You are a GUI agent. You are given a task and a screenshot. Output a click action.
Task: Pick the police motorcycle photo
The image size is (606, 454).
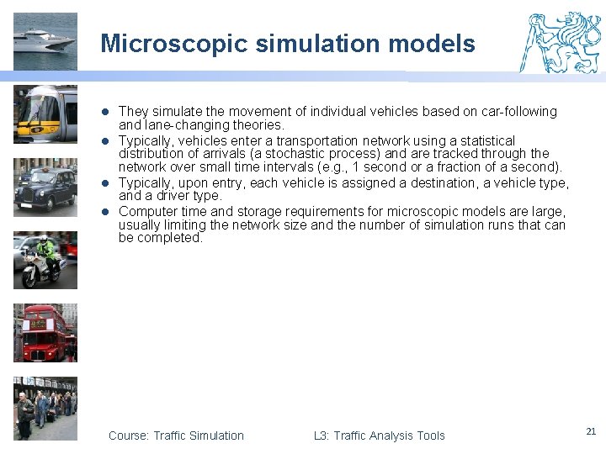(45, 261)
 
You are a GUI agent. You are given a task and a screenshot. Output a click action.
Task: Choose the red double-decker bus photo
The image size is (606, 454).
(45, 333)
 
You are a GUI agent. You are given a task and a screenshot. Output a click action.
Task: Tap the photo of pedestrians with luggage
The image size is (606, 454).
(45, 409)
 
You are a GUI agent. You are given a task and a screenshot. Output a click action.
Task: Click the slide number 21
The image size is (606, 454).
(590, 431)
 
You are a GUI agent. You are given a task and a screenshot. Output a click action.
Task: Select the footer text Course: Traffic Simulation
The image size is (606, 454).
(176, 436)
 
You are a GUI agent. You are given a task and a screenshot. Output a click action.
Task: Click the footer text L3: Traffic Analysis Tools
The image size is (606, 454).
(379, 436)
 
